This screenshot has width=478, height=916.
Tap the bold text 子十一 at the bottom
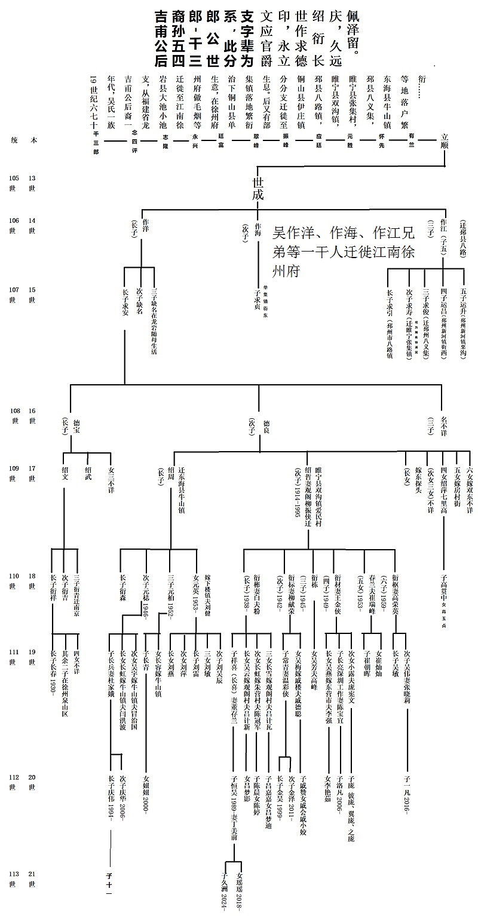(109, 884)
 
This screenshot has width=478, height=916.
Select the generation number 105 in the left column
(13, 178)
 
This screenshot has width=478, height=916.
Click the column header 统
(13, 140)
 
